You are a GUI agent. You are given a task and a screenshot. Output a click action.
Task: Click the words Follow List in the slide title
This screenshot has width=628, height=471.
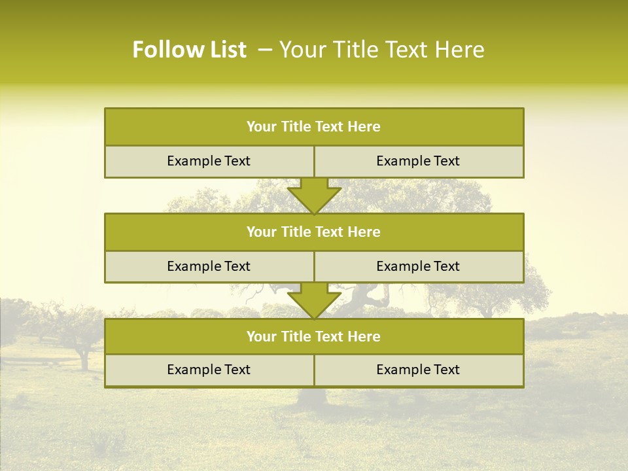point(189,50)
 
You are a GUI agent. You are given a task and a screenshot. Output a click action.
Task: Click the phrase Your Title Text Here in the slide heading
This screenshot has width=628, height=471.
point(381,50)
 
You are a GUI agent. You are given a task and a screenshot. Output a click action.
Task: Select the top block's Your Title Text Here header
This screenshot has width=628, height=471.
point(313,127)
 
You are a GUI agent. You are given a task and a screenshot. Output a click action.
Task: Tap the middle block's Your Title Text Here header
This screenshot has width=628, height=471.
point(313,232)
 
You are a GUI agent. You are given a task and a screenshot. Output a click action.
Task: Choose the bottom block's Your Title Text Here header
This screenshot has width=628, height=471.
point(313,336)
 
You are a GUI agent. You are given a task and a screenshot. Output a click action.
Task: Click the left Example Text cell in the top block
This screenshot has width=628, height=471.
point(209,161)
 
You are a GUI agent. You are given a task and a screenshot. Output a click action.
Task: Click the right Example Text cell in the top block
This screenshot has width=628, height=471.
point(418,161)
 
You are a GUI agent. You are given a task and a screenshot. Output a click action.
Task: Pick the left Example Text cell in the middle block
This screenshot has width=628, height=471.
point(209,266)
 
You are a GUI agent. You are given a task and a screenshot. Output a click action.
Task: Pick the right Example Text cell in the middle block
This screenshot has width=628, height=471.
point(418,266)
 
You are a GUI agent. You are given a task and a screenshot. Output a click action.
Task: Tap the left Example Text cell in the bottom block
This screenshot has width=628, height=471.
point(209,370)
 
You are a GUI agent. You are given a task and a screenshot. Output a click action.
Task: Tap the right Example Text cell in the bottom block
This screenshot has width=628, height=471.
point(418,370)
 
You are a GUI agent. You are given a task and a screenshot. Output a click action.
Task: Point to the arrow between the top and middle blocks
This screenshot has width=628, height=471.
point(314,195)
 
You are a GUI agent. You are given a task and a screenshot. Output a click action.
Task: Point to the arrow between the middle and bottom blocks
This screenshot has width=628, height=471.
point(314,300)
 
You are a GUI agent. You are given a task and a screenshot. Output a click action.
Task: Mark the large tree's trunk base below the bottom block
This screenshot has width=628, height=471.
point(313,396)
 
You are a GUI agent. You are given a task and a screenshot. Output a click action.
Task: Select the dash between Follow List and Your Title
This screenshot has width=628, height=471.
point(265,50)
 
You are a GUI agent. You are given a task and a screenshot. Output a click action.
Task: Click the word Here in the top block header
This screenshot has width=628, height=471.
point(364,127)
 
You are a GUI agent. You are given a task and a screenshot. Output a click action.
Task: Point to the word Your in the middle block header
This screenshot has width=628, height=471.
point(261,232)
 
